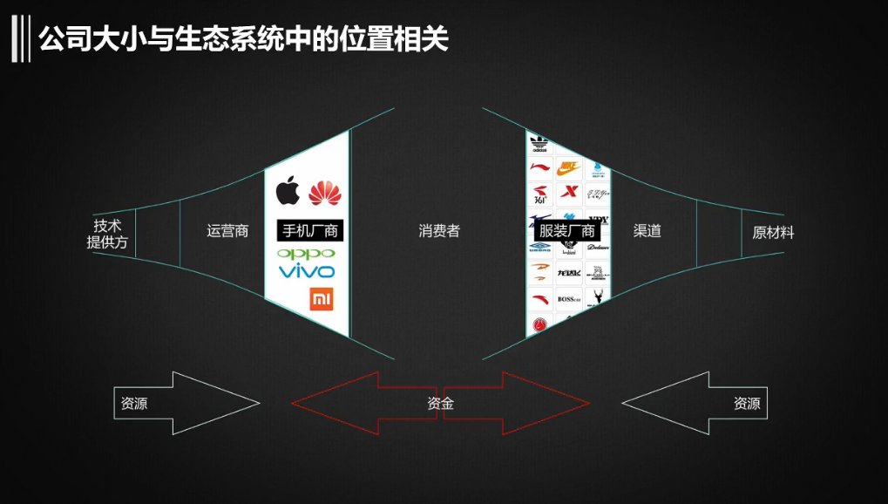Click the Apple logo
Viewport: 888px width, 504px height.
(x=288, y=191)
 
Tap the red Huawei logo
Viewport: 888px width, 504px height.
(x=322, y=191)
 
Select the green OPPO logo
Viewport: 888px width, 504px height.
(x=305, y=254)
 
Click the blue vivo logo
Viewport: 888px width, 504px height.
(x=306, y=271)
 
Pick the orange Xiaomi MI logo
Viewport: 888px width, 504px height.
(x=322, y=299)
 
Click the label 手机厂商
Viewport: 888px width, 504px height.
(x=309, y=231)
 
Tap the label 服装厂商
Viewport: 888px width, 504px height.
(x=567, y=231)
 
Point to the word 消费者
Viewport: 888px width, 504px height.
(x=438, y=231)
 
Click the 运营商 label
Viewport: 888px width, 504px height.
(x=227, y=231)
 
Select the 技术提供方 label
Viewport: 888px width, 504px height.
(x=107, y=234)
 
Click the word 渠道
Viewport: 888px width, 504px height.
(x=647, y=231)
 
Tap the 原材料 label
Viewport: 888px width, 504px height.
(x=773, y=233)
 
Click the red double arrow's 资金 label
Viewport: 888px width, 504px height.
(x=440, y=404)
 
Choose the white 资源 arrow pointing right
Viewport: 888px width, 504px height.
(x=186, y=403)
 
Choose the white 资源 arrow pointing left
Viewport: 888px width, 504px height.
(x=695, y=403)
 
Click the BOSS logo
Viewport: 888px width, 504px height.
(x=569, y=300)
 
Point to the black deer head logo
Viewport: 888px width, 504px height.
(x=597, y=300)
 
